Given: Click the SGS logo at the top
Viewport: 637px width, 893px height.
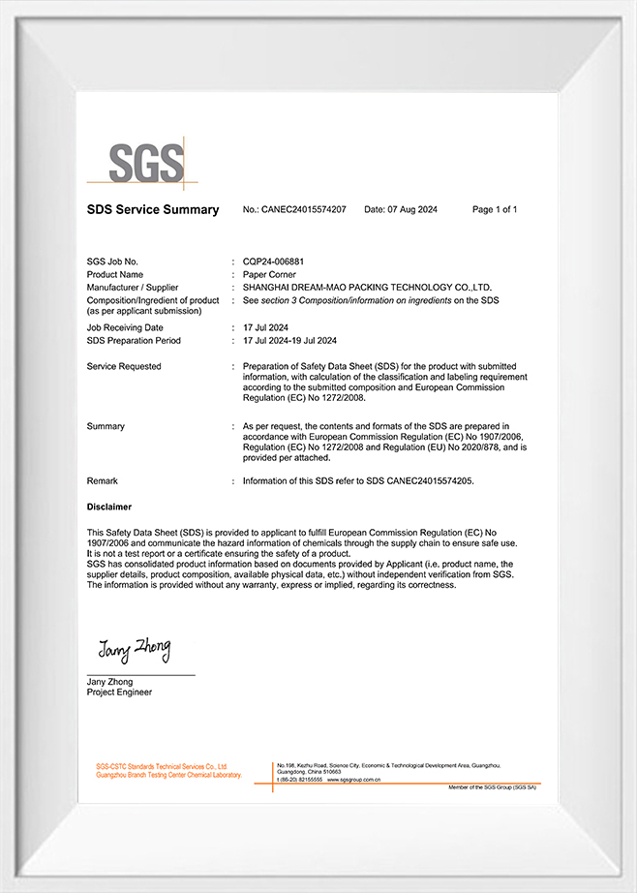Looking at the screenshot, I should [x=145, y=162].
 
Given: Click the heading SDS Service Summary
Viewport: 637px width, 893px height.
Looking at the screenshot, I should [x=153, y=210].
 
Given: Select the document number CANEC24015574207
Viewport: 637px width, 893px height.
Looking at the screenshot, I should [x=304, y=210].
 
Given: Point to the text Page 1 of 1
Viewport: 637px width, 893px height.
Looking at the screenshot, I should [x=494, y=210].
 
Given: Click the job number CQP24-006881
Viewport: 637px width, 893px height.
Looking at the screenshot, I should [x=278, y=262].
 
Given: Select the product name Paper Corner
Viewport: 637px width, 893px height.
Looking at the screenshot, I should [x=270, y=275].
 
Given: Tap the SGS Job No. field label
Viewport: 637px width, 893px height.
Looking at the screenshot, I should [x=112, y=262].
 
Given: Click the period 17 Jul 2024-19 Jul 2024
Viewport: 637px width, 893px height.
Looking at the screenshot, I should [x=289, y=341].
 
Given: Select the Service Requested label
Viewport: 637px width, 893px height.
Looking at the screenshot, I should [x=124, y=366].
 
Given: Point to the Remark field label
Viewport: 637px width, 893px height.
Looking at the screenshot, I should [x=102, y=480].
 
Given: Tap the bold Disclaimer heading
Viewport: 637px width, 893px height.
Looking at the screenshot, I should [x=109, y=507].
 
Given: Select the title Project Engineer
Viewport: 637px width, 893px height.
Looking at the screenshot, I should [x=119, y=693].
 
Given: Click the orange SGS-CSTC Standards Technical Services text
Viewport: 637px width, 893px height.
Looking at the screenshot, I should [x=161, y=765].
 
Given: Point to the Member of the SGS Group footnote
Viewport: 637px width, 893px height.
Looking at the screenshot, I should [x=492, y=787].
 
